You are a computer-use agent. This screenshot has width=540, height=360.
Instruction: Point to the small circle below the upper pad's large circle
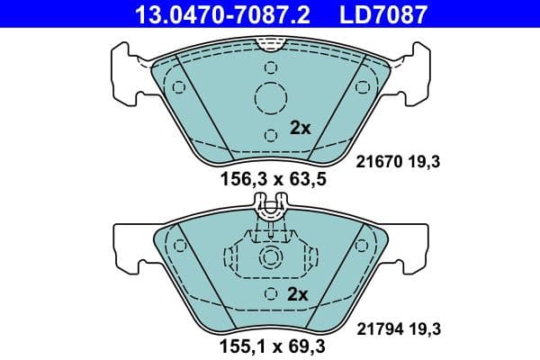(x=271, y=136)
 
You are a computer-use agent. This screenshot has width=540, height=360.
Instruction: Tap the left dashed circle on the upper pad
(x=178, y=87)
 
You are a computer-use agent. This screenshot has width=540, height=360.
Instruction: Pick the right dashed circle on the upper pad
(x=363, y=87)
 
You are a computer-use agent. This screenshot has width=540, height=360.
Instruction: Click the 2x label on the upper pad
(x=300, y=128)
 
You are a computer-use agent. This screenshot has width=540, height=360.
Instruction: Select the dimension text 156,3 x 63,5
(x=273, y=179)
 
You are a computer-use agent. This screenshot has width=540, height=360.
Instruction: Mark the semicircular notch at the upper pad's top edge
(x=271, y=41)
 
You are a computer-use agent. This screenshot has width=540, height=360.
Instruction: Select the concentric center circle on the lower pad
(x=271, y=259)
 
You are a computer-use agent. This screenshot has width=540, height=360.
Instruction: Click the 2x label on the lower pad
(x=298, y=294)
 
